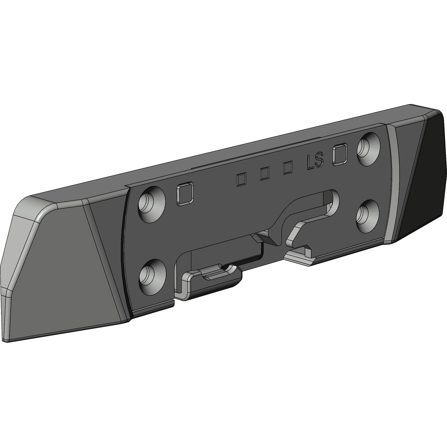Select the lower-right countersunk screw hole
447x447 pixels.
pyautogui.click(x=368, y=213)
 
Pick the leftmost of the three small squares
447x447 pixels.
pyautogui.click(x=241, y=180)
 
